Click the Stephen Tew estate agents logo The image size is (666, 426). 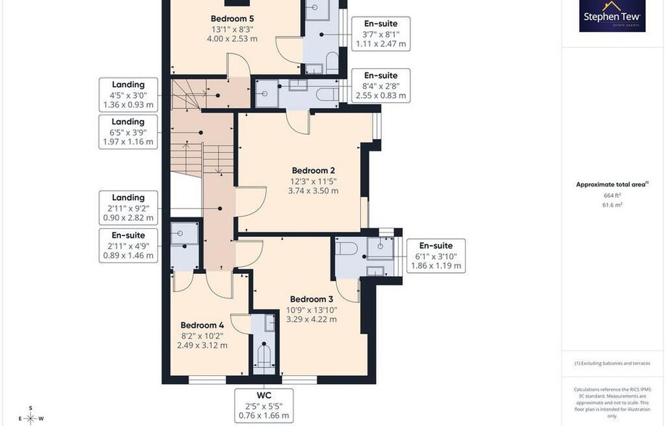pyautogui.click(x=612, y=15)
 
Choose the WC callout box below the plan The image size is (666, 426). pyautogui.click(x=264, y=406)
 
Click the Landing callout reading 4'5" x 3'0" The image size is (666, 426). pyautogui.click(x=128, y=95)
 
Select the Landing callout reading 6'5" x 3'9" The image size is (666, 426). pyautogui.click(x=128, y=132)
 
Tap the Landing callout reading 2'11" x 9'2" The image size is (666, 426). pyautogui.click(x=128, y=208)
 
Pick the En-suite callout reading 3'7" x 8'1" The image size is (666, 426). pyautogui.click(x=381, y=34)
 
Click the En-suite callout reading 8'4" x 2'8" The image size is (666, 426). pyautogui.click(x=381, y=85)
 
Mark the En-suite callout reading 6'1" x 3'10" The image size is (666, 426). pyautogui.click(x=436, y=256)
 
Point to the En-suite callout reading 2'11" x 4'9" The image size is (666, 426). pyautogui.click(x=128, y=246)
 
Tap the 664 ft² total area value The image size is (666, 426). pyautogui.click(x=612, y=196)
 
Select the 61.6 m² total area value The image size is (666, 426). pyautogui.click(x=612, y=205)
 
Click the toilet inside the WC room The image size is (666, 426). pyautogui.click(x=265, y=359)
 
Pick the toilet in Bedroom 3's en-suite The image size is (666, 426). pyautogui.click(x=346, y=248)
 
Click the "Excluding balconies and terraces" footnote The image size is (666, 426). pyautogui.click(x=612, y=363)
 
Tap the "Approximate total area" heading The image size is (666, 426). pyautogui.click(x=612, y=184)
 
